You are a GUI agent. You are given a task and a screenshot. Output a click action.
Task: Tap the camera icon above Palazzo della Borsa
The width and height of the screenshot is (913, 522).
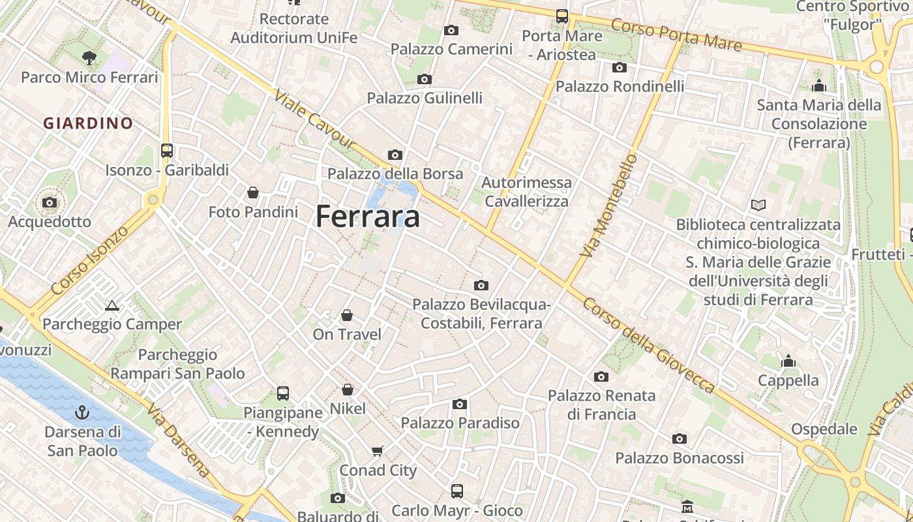[395, 155]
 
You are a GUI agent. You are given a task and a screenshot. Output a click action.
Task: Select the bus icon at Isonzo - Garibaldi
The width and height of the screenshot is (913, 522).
[167, 151]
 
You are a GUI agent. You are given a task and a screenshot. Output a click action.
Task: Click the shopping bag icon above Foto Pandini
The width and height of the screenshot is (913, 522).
[253, 192]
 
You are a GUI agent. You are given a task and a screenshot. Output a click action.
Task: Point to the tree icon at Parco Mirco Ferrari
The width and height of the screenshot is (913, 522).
[89, 58]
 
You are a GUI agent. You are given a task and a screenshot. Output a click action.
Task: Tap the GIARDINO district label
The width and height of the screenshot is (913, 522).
[88, 123]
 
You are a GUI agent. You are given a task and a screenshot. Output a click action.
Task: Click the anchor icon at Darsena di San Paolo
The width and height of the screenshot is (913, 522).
[82, 412]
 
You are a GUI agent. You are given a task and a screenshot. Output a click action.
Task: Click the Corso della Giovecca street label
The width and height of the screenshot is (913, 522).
[648, 346]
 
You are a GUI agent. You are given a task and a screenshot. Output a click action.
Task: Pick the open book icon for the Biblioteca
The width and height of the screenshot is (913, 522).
[758, 206]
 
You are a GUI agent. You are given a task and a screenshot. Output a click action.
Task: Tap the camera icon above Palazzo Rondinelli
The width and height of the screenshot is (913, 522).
[620, 67]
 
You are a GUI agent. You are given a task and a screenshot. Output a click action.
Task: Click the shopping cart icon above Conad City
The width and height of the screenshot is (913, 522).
[377, 451]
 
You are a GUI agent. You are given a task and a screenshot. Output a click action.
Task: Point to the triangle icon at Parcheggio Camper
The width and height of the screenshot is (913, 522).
[112, 305]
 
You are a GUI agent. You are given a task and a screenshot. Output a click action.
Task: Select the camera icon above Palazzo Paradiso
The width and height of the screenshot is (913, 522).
[460, 405]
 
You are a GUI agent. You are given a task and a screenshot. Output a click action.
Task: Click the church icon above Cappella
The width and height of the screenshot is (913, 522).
[788, 361]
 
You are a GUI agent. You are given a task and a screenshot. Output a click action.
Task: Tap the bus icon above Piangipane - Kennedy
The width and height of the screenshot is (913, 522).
[283, 393]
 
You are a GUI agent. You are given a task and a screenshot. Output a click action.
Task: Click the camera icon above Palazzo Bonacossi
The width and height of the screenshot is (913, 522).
[680, 439]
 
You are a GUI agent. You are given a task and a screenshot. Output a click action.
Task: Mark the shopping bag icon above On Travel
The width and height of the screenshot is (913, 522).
[347, 316]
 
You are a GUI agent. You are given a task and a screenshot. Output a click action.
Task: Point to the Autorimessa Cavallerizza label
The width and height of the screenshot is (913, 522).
[526, 192]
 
